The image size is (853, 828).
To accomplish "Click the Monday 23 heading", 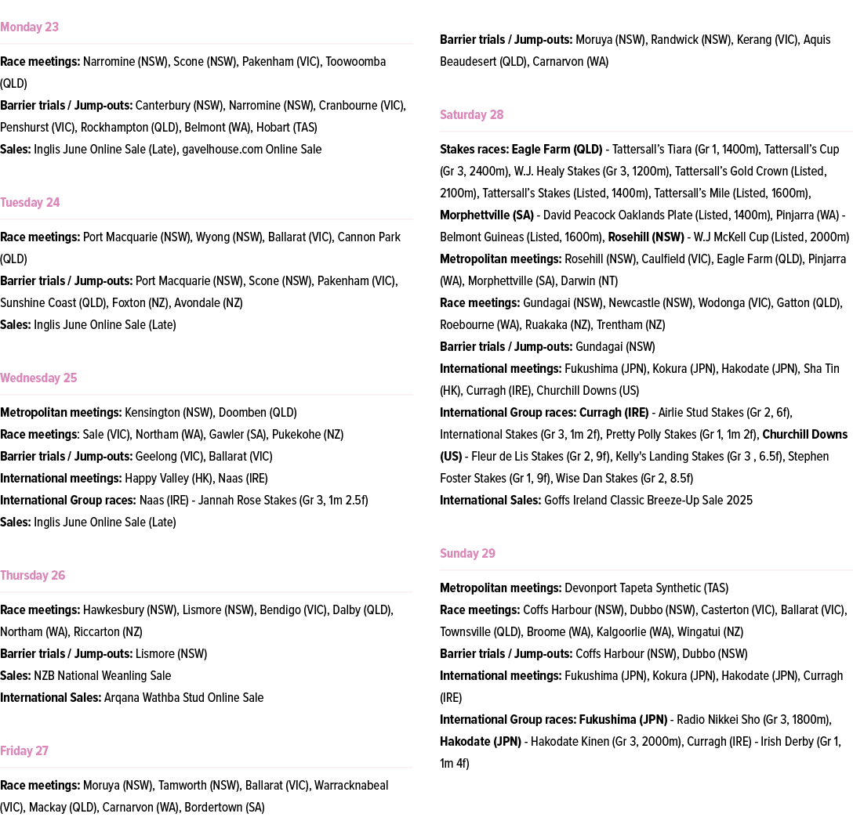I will click(29, 27).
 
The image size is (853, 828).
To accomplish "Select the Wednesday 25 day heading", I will click(38, 378).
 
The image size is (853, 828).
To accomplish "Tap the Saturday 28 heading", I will click(471, 115).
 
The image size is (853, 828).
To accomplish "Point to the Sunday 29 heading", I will click(467, 554).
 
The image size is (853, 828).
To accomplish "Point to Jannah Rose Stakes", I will click(245, 501).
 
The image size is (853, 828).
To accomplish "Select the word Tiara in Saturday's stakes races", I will click(698, 150).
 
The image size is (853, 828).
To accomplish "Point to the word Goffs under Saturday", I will click(560, 501).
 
